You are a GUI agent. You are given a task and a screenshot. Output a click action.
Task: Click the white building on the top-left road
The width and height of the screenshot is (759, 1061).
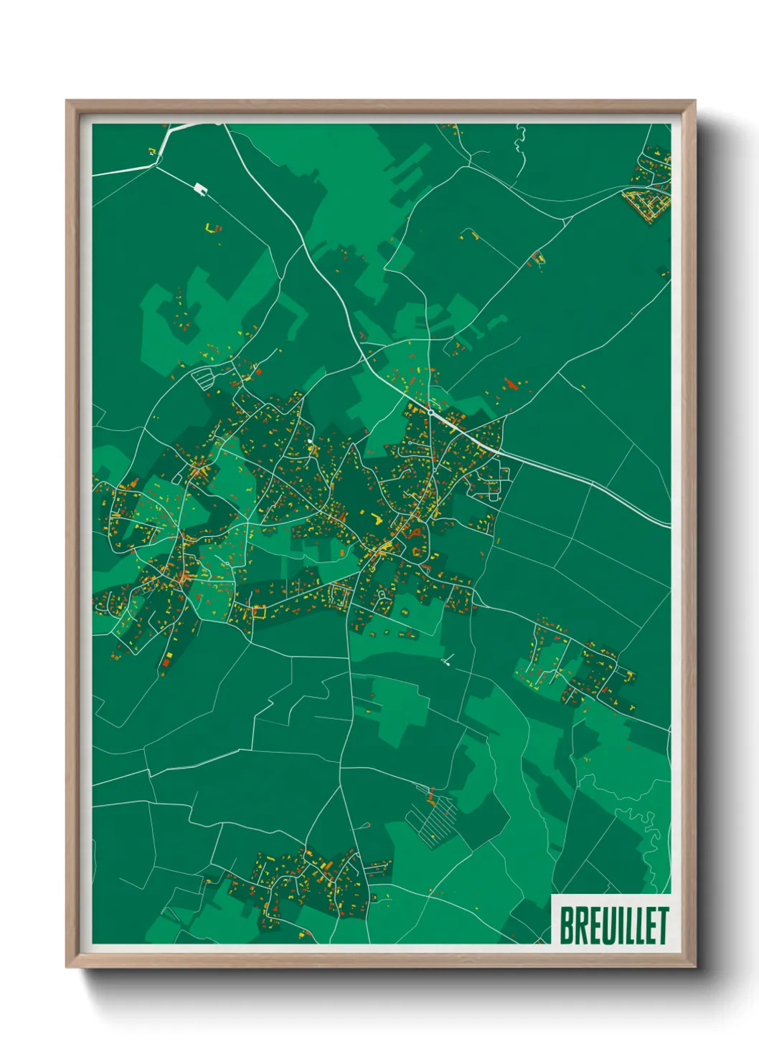tap(200, 189)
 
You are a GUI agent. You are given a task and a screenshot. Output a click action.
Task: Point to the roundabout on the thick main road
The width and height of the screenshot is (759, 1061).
tap(429, 412)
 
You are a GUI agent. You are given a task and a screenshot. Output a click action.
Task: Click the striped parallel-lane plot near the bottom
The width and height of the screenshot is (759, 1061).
tap(433, 818)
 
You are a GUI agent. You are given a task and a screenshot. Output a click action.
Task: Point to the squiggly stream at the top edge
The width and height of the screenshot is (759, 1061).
tap(520, 136)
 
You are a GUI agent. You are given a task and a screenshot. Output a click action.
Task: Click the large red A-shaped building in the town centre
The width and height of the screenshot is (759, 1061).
tap(414, 533)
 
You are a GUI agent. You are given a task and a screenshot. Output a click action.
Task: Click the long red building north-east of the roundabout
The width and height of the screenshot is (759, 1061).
tap(511, 384)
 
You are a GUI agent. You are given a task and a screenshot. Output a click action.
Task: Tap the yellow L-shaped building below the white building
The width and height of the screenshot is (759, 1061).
tap(211, 229)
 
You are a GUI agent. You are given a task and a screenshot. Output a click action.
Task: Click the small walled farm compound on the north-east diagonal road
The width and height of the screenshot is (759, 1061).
tap(471, 234)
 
